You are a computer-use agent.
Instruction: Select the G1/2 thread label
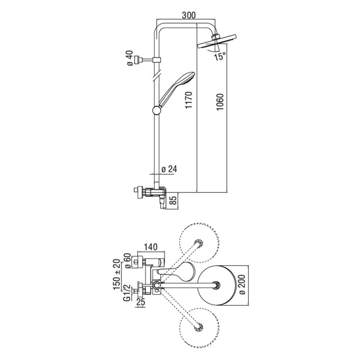pos(125,292)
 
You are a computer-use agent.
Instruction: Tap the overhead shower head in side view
pos(218,42)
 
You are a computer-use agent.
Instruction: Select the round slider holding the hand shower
pos(156,111)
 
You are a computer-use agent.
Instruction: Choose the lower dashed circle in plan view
pos(200,327)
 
